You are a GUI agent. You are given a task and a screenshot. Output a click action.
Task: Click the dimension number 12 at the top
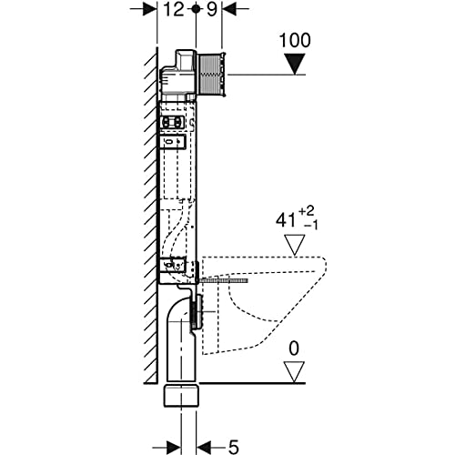click(x=174, y=9)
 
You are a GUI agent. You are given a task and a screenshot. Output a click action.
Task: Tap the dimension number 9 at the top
click(x=212, y=9)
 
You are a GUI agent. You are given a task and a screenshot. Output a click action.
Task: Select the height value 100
click(x=295, y=40)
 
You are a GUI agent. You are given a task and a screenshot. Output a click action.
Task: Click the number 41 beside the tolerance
click(x=285, y=219)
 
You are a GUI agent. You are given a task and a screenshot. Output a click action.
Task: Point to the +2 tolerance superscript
click(x=307, y=211)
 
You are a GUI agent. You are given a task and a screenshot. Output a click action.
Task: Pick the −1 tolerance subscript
click(x=310, y=226)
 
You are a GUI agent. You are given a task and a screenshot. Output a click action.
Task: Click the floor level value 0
click(x=294, y=349)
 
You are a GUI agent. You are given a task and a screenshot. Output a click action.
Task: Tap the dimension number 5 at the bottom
click(x=233, y=447)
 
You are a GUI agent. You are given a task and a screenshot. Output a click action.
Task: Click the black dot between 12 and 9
click(x=196, y=9)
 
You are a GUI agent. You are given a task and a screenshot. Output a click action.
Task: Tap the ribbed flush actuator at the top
click(x=212, y=75)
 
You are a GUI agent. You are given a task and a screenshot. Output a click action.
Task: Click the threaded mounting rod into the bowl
click(x=222, y=280)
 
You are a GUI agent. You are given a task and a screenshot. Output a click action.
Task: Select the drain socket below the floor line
click(x=181, y=395)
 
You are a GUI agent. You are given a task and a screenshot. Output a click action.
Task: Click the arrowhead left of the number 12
click(x=150, y=9)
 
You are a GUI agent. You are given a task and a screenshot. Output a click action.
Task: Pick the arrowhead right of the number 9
click(x=229, y=9)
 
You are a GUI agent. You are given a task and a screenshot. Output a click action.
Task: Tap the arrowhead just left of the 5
click(x=204, y=447)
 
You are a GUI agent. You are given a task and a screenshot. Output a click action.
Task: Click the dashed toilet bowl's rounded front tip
click(x=326, y=267)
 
